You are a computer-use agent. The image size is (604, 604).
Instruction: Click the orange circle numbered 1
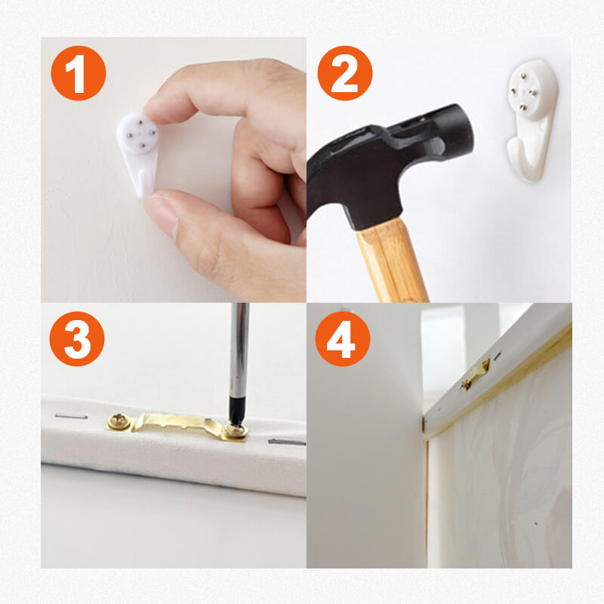[79, 73]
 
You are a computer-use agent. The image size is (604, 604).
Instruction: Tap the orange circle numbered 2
[345, 73]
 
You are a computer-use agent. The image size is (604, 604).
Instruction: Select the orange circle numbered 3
[77, 339]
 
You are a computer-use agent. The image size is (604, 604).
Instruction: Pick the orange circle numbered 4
[343, 339]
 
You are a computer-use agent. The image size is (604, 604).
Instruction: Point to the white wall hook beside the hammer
[532, 119]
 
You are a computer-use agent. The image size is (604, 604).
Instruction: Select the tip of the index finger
[153, 106]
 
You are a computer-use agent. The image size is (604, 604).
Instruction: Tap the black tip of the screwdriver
[236, 412]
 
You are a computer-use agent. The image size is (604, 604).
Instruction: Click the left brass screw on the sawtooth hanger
[117, 421]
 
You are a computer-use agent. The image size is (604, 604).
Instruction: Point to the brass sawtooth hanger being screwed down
[177, 426]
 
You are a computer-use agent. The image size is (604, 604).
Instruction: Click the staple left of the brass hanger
[71, 416]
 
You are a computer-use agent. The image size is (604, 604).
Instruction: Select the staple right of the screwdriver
[287, 442]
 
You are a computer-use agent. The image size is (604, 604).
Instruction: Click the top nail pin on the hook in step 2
[523, 76]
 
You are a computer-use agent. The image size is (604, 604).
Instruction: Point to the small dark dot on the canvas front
[536, 523]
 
